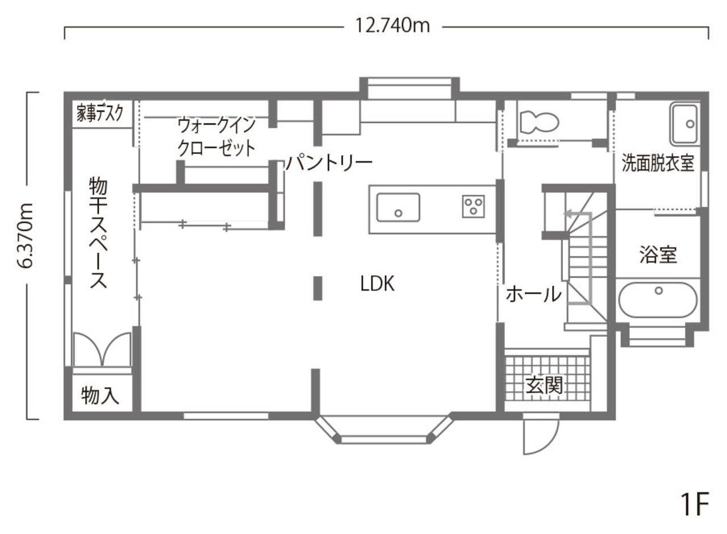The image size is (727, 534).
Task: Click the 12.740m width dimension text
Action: click(x=392, y=26)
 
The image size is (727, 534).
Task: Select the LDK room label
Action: click(x=377, y=283)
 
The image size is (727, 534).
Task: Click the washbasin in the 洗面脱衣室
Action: click(x=684, y=124)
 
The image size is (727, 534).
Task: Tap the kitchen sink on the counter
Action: click(x=398, y=207)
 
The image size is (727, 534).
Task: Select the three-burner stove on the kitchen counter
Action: click(x=473, y=206)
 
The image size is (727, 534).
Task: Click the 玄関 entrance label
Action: click(x=544, y=386)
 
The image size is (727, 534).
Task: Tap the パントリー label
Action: click(x=329, y=164)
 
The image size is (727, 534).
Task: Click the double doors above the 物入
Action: click(x=102, y=348)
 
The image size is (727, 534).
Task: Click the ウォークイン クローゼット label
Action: click(x=216, y=137)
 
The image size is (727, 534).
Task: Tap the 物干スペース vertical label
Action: click(x=98, y=233)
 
